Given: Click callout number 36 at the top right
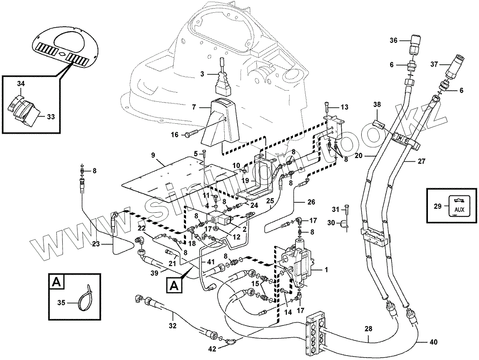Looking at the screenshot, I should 394,40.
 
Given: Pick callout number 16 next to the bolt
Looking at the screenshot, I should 174,135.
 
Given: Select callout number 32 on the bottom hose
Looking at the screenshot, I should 172,326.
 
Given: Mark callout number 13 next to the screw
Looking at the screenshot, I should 344,107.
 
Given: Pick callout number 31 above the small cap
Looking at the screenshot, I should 335,209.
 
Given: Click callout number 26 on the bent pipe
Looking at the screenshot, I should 311,202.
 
